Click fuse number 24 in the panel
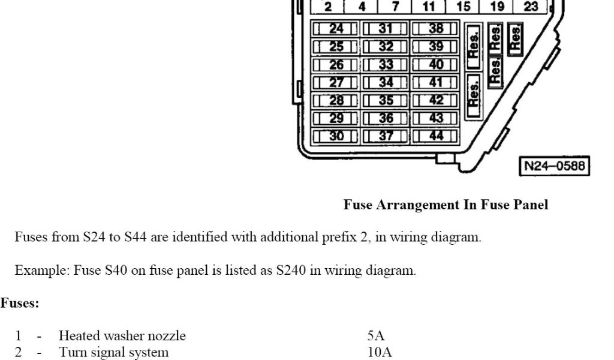pos(336,29)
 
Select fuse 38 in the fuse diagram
pos(436,29)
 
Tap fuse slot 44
pos(436,136)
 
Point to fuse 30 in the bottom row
pos(336,136)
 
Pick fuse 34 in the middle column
pos(386,82)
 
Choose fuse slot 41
pos(436,82)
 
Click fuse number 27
pos(336,82)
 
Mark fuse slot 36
pos(386,118)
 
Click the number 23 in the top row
pos(531,7)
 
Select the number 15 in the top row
pos(463,7)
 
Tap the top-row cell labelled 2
pos(328,7)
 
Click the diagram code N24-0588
pos(554,166)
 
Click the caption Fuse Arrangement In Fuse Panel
pos(446,205)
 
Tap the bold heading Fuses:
pos(20,304)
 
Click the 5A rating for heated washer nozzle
pos(376,336)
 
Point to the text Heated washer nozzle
pos(122,336)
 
